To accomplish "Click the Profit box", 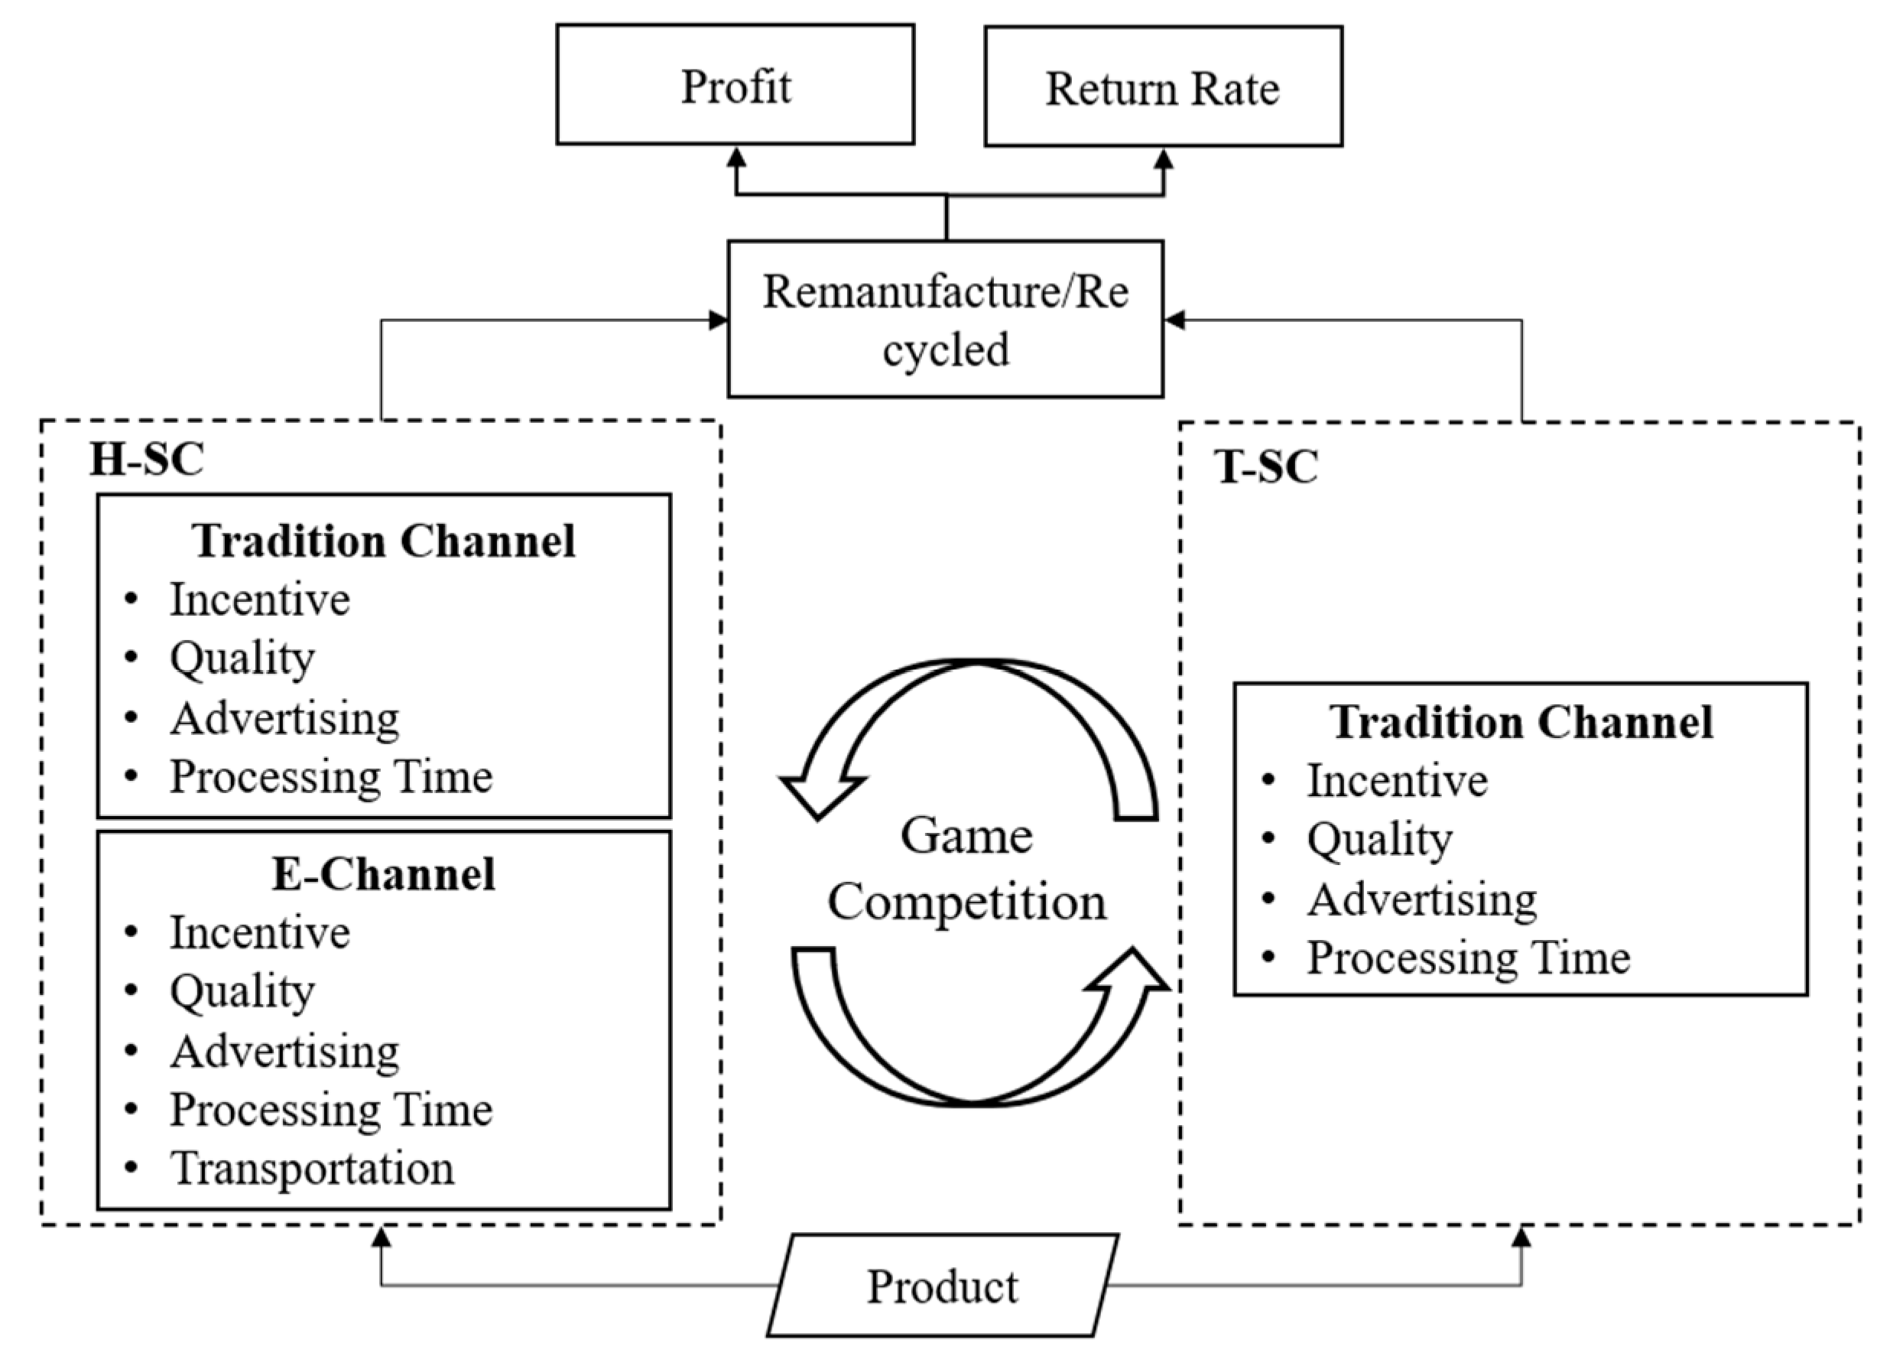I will tap(735, 85).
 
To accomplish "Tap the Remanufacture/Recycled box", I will tap(945, 319).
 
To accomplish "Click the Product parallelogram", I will tap(942, 1286).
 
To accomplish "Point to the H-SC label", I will tap(147, 458).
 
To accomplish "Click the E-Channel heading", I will tap(383, 874).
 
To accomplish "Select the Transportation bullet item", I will tap(312, 1168).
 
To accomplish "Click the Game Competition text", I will tap(966, 869).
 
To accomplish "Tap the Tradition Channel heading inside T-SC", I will tap(1521, 722).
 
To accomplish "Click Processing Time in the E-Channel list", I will tap(331, 1109).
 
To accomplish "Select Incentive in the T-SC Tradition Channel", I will tap(1397, 780).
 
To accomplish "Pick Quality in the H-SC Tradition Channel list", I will tap(242, 658).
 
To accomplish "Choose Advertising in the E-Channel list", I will tap(284, 1051).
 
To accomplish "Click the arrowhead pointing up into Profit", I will tap(736, 158).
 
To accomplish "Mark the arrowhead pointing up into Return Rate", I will tap(1164, 160).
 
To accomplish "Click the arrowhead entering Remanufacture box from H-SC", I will tap(719, 320).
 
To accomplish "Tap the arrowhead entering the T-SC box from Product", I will tap(1521, 1237).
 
